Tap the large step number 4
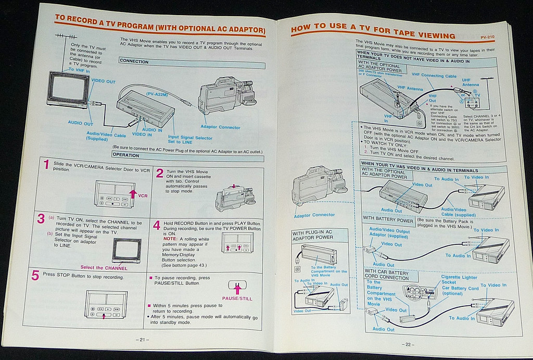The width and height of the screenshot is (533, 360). point(157,226)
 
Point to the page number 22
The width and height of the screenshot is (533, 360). point(407,344)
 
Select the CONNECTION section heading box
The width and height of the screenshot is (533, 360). point(134,61)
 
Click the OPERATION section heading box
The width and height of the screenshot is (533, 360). point(128,155)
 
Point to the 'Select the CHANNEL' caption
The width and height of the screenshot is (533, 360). point(104,268)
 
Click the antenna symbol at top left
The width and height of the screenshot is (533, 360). point(65,38)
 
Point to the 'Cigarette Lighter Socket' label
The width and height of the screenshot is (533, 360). point(459,280)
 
